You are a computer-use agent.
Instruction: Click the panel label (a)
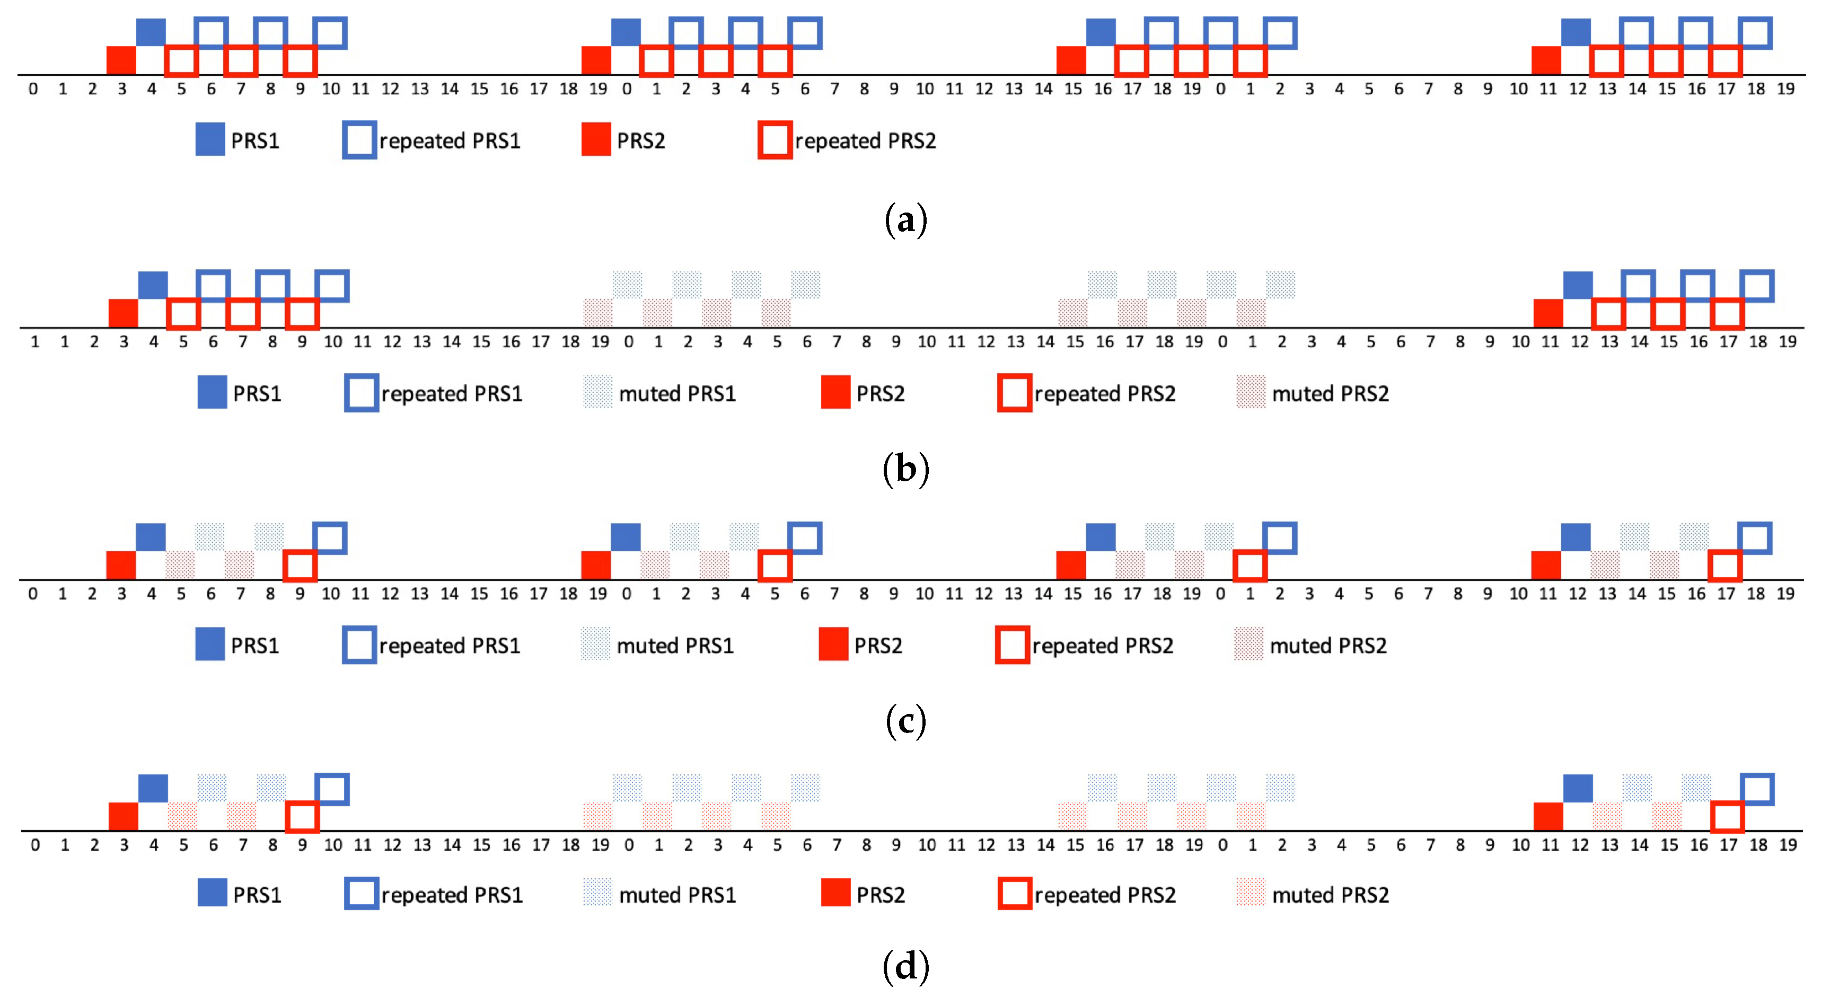pos(906,219)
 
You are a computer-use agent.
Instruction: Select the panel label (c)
pos(906,721)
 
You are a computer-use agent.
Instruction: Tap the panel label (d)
pos(906,966)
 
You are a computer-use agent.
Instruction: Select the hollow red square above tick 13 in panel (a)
pos(1607,61)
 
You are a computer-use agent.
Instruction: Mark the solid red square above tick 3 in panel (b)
pos(123,313)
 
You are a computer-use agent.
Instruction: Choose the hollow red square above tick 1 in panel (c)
pos(1250,565)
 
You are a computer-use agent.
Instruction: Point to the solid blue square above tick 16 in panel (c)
pos(1101,537)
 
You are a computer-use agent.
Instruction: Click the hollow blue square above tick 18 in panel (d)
pos(1757,789)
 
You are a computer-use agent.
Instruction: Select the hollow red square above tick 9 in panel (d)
pos(302,817)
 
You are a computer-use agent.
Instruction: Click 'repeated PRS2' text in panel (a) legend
pos(865,140)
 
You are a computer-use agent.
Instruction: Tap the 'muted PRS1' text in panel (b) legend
pos(677,393)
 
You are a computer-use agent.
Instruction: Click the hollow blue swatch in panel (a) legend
pos(359,140)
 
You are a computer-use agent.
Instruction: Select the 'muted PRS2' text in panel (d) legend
pos(1331,895)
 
